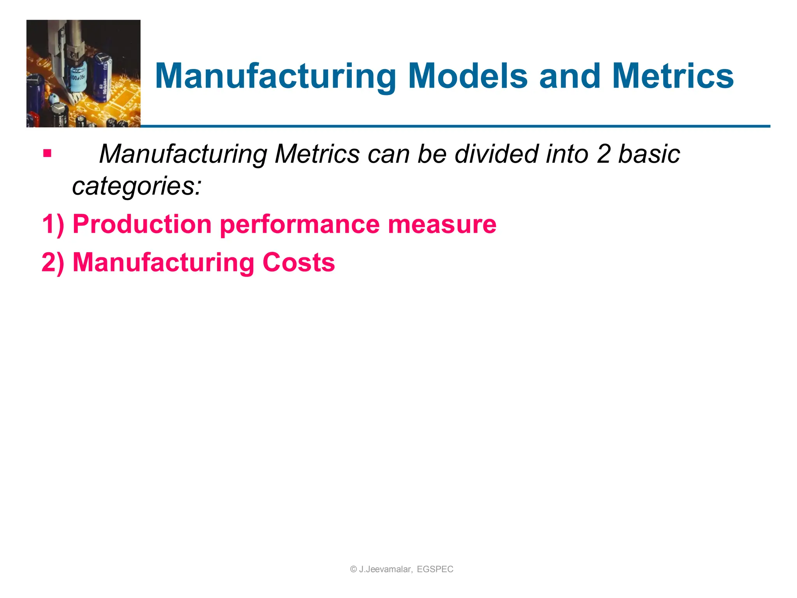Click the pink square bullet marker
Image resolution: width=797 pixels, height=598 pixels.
click(x=47, y=153)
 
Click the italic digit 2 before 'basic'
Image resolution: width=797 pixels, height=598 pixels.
click(x=604, y=154)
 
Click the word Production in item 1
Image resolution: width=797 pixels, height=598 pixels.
click(x=142, y=224)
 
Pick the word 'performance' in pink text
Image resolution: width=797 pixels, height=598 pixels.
click(x=300, y=225)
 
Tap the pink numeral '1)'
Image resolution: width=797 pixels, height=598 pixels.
click(x=53, y=225)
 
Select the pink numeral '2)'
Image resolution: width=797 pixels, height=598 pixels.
click(x=53, y=262)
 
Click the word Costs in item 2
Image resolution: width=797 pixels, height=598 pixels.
click(x=298, y=262)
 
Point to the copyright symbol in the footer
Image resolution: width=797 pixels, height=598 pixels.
click(x=353, y=569)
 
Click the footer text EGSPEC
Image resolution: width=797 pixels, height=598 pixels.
click(x=435, y=569)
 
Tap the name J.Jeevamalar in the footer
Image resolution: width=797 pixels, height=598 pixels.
click(x=385, y=569)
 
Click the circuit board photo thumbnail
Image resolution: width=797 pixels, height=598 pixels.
click(x=83, y=74)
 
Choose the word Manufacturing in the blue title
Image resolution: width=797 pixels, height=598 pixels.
click(x=276, y=77)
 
